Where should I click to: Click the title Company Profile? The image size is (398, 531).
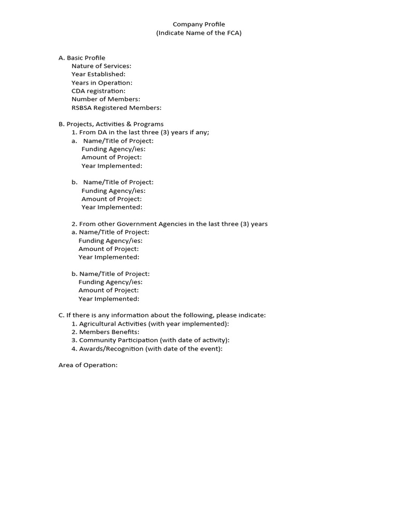click(199, 24)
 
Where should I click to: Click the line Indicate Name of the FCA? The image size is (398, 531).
click(199, 33)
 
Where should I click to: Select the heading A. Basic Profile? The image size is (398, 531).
click(82, 58)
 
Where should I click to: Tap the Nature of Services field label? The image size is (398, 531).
click(102, 66)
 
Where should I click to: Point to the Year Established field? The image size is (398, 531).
click(98, 74)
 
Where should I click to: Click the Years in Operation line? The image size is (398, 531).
click(102, 82)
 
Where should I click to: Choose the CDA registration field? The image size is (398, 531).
click(98, 91)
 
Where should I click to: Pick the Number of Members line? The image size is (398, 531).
click(106, 99)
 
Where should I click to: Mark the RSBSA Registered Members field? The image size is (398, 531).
click(117, 108)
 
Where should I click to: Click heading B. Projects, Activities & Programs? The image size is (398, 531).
click(111, 124)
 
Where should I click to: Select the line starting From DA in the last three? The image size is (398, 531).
click(140, 132)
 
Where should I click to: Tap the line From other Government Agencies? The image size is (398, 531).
click(169, 224)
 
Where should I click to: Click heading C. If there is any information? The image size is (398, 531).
click(162, 315)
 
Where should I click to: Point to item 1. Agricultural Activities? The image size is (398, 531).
click(150, 324)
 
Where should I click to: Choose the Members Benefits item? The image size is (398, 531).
click(106, 332)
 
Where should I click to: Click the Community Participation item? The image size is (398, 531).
click(150, 340)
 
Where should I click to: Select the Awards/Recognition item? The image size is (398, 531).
click(147, 348)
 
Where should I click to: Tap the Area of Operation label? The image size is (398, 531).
click(88, 365)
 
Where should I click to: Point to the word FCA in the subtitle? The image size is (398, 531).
click(232, 33)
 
